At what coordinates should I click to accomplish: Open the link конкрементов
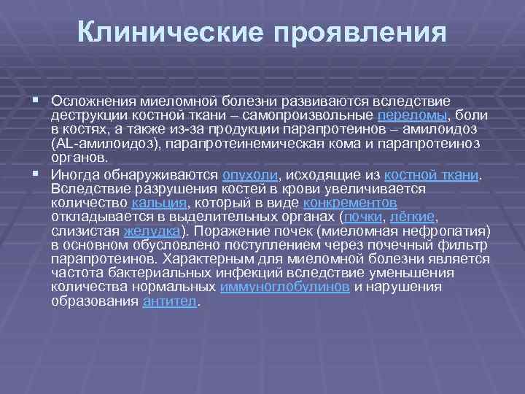349,203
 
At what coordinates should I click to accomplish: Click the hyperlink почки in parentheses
364,217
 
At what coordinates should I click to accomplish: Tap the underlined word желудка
152,231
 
